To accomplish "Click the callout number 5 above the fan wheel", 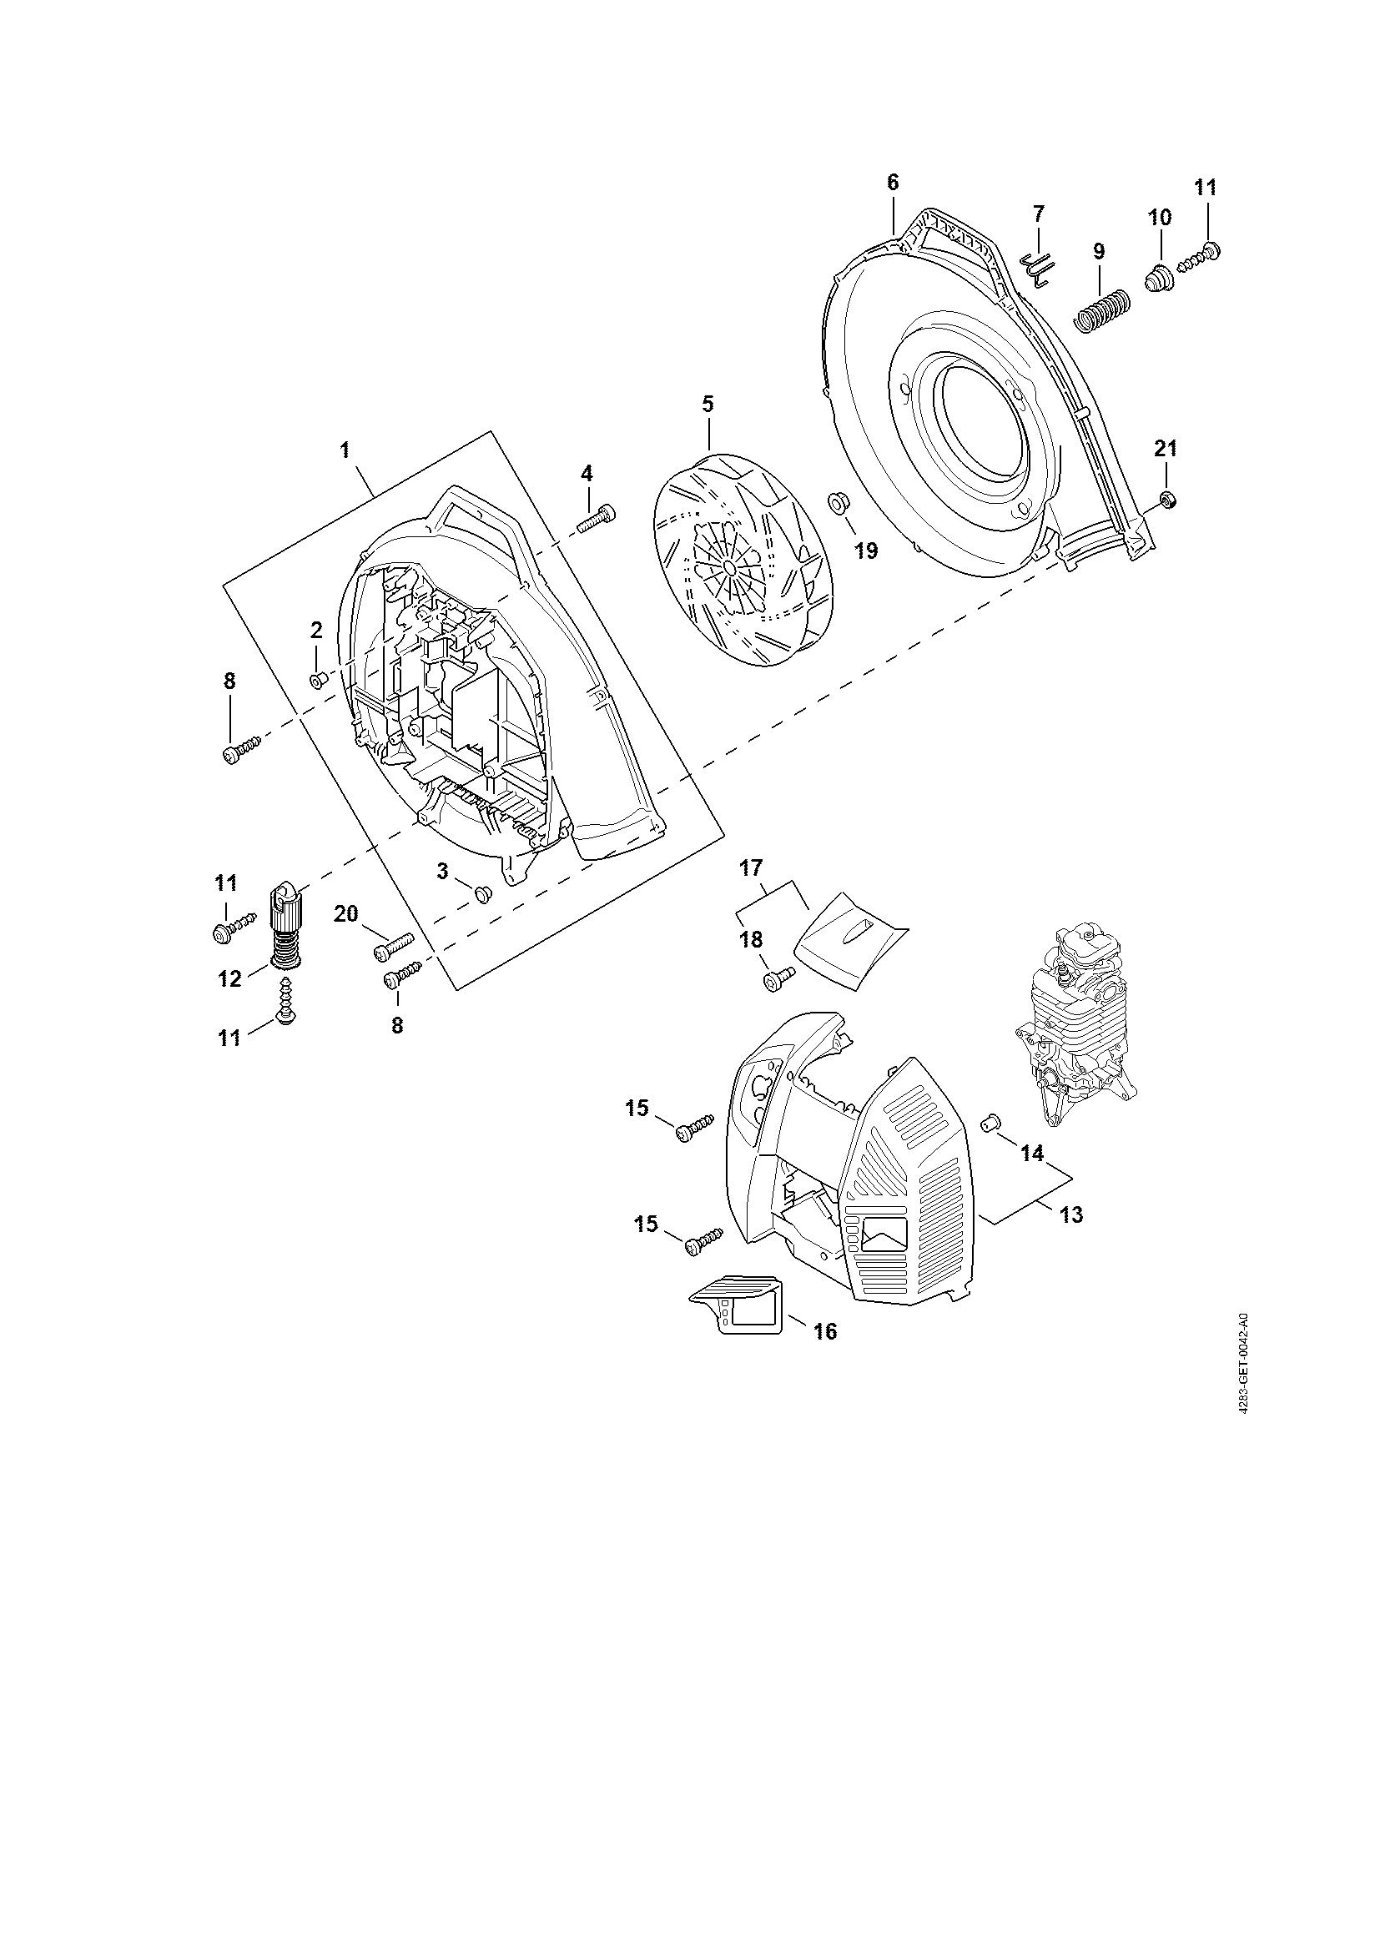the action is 707,404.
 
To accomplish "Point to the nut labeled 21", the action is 1167,500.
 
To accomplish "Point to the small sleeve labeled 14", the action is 990,1121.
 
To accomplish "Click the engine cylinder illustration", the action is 1080,1020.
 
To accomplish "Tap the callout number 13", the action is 1072,1215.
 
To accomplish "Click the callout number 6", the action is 892,182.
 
